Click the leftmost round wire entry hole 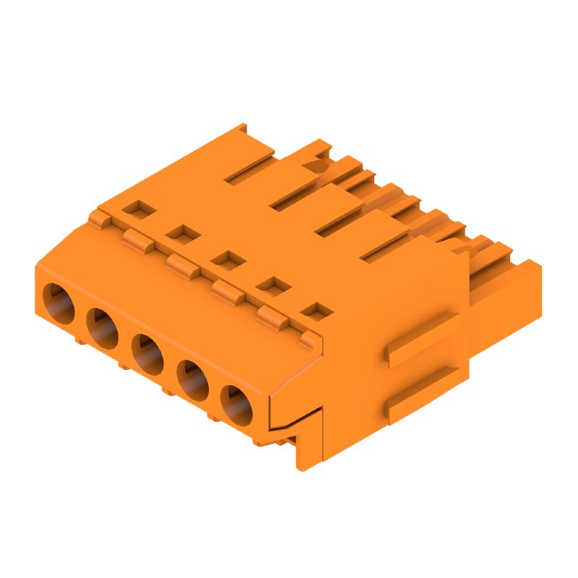coord(59,303)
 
